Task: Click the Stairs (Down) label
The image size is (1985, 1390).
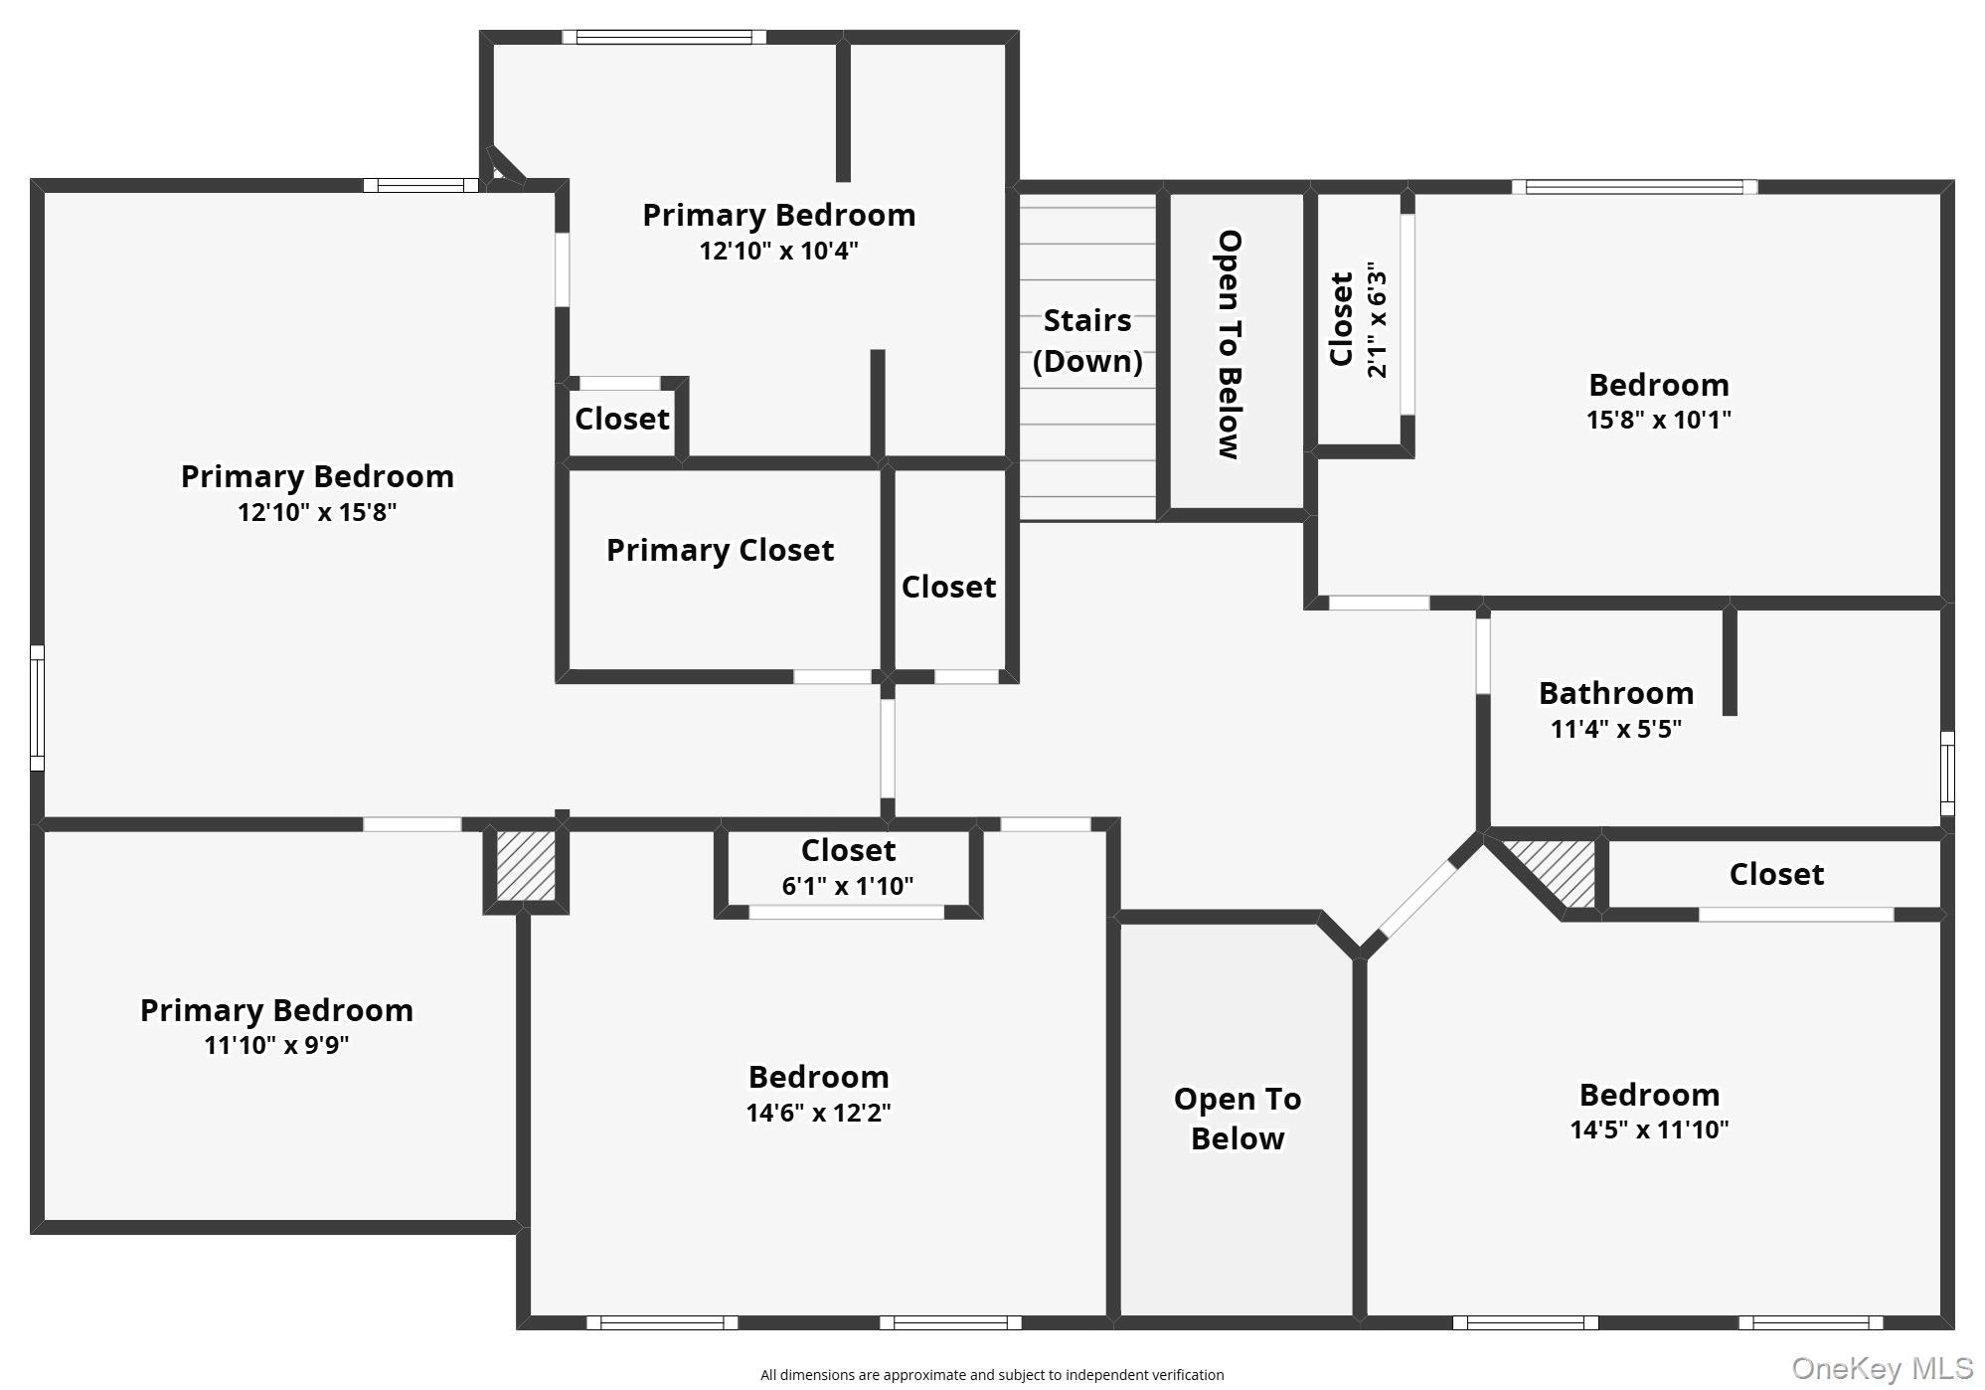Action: pos(1086,341)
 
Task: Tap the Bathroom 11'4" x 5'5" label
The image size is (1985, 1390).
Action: pos(1615,709)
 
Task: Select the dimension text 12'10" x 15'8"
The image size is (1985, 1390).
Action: pos(317,513)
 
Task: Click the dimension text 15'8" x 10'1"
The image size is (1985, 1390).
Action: pos(1658,420)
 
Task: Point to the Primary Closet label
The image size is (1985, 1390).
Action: pos(720,551)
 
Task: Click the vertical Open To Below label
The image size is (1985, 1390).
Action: pos(1230,345)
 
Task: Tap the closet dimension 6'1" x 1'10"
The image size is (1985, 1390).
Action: pos(847,886)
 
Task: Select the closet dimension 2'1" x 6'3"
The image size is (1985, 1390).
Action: pos(1377,320)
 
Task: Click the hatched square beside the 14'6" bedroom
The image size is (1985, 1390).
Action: pos(526,865)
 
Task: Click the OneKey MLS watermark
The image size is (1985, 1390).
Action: pos(1882,1369)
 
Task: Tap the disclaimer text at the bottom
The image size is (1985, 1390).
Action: pos(991,1375)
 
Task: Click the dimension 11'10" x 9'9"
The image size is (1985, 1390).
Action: pos(276,1046)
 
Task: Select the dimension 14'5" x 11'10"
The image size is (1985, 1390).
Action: pos(1649,1130)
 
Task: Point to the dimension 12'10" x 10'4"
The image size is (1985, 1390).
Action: pos(778,251)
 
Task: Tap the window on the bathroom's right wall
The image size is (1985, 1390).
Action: pos(1946,774)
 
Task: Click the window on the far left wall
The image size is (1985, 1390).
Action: pos(37,707)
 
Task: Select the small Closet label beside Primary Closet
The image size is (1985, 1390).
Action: pos(948,588)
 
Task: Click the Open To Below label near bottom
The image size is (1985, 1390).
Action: pos(1237,1119)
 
